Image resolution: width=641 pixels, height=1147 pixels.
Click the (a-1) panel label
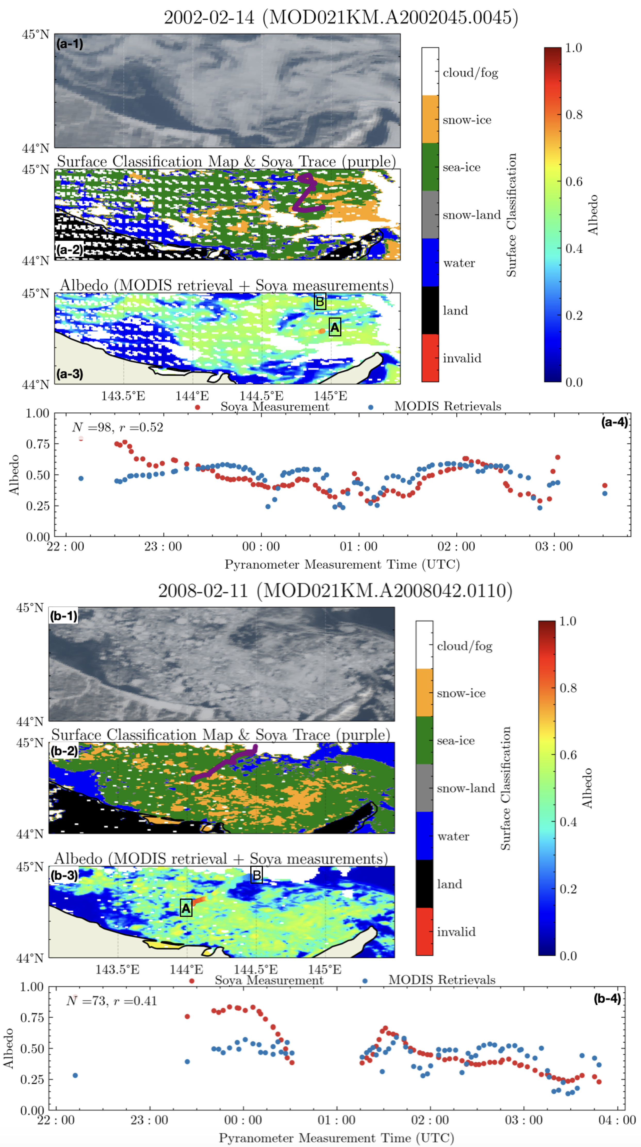coord(70,44)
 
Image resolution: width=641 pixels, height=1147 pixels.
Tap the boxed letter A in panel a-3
coord(334,328)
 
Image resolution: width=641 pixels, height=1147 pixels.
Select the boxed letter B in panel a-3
coord(319,302)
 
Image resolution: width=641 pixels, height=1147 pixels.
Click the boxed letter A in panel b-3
coord(186,908)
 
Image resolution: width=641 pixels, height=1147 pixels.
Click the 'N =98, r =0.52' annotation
coord(118,427)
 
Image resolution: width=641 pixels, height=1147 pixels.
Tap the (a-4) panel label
coord(614,422)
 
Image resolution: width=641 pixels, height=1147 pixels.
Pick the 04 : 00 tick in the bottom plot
coord(617,1120)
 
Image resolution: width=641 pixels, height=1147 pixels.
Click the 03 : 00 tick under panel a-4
coord(554,546)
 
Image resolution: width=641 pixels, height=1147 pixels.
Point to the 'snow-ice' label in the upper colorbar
coord(467,120)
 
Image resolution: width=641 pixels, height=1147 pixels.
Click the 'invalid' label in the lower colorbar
coord(456,932)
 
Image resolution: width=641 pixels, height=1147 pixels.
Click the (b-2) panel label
coord(64,751)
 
